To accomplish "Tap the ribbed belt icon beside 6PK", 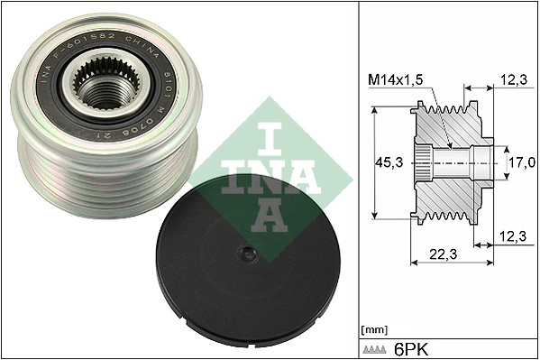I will coord(377,348).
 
